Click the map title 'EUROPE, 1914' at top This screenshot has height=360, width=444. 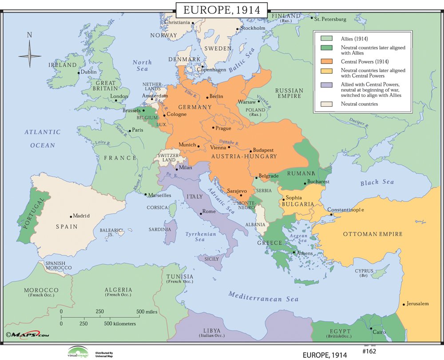point(221,9)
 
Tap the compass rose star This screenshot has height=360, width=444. point(30,56)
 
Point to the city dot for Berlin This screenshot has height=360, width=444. point(207,97)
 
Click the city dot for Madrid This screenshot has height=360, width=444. point(71,216)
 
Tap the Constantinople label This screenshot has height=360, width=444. point(345,209)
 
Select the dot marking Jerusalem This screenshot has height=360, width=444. point(404,304)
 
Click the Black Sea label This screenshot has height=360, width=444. point(377,182)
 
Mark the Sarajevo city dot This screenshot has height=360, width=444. point(241,195)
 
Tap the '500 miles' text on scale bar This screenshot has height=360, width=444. point(147,312)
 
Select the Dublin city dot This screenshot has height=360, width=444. point(79,72)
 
